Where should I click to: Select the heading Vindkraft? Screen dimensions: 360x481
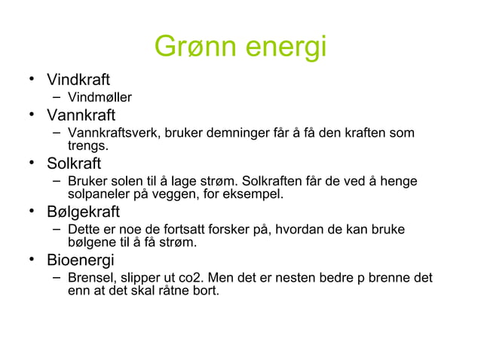click(x=79, y=79)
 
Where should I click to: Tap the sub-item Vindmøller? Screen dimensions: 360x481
click(x=100, y=97)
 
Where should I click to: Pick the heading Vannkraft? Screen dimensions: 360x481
click(x=81, y=115)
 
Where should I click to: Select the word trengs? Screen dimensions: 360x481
click(x=87, y=145)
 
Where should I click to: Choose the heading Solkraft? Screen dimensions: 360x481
click(x=74, y=163)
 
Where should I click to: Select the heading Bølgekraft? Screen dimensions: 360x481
click(x=84, y=212)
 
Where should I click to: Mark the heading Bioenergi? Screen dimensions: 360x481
click(x=81, y=261)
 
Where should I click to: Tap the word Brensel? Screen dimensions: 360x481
click(x=90, y=278)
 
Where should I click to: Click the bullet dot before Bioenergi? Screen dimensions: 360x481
click(x=33, y=260)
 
